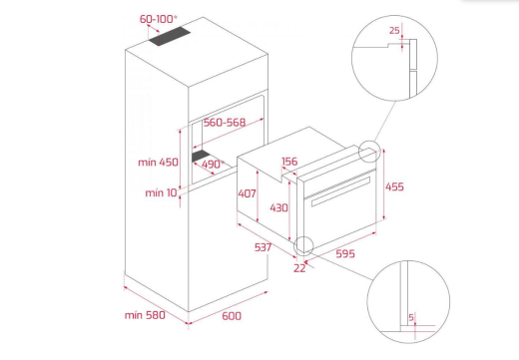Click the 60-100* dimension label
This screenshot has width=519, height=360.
(158, 19)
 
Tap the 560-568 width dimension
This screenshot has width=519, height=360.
(225, 123)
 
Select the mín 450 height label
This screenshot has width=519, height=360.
(158, 163)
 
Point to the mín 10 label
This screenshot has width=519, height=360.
(162, 192)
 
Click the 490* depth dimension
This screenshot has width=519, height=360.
(213, 165)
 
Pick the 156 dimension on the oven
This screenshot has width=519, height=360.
(289, 162)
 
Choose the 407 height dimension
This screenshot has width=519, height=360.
(247, 193)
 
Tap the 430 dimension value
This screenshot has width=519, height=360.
(278, 208)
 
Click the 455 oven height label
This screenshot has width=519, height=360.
(394, 186)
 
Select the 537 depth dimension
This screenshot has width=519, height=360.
(262, 247)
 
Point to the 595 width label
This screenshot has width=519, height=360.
(345, 254)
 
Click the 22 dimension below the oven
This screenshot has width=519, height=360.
(299, 268)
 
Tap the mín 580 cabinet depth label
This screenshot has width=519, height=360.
(145, 315)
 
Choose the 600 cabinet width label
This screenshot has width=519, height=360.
(232, 316)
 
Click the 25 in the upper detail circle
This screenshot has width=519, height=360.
(394, 31)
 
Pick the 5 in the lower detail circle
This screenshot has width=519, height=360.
(411, 318)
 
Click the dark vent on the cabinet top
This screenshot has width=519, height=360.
(170, 36)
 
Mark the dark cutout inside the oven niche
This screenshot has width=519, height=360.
(201, 156)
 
